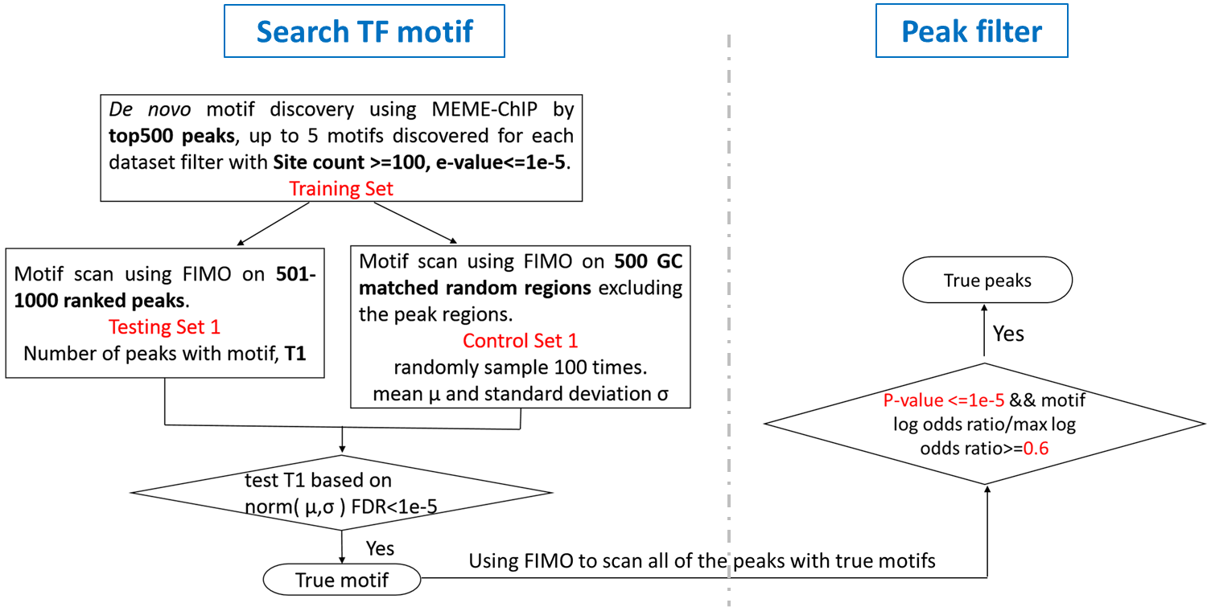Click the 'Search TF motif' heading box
364,32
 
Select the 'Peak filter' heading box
971,32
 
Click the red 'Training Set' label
341,189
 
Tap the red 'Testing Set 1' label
164,327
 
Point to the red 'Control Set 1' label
520,340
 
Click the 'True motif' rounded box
342,580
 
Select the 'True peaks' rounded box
987,281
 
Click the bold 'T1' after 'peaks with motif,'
295,354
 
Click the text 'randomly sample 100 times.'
520,367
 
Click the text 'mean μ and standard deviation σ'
520,395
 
